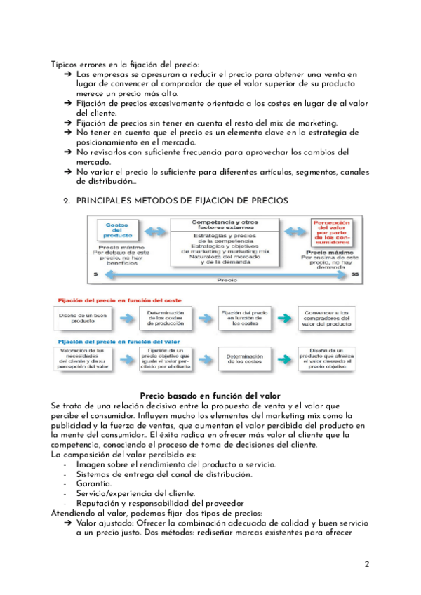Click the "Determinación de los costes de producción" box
(166, 318)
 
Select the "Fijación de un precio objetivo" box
(166, 359)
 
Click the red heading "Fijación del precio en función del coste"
(110, 300)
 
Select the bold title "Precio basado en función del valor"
(210, 396)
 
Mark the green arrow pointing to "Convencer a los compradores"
(281, 318)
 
